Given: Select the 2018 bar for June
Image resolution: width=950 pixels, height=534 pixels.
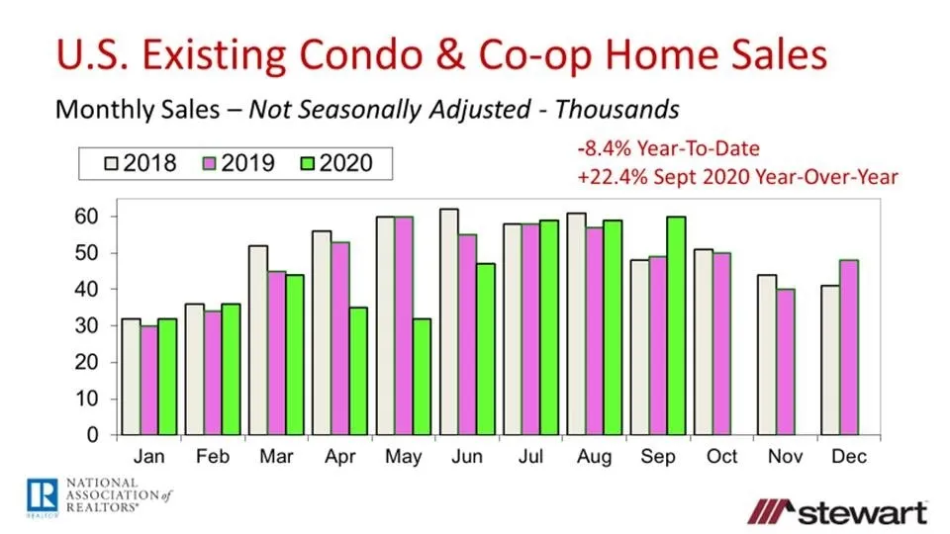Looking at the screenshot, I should tap(449, 322).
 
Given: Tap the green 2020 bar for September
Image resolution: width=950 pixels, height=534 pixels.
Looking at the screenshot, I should tap(678, 325).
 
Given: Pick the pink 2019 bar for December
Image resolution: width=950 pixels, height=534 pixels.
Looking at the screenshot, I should tap(848, 347).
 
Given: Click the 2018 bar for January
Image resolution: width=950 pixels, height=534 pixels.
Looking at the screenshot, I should tap(130, 377).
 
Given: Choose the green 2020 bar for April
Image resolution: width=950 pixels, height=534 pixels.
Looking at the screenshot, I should tap(358, 371).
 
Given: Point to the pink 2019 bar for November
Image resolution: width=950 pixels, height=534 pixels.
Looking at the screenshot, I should tap(785, 362).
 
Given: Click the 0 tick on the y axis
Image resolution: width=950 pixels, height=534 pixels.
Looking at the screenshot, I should tap(94, 435).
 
